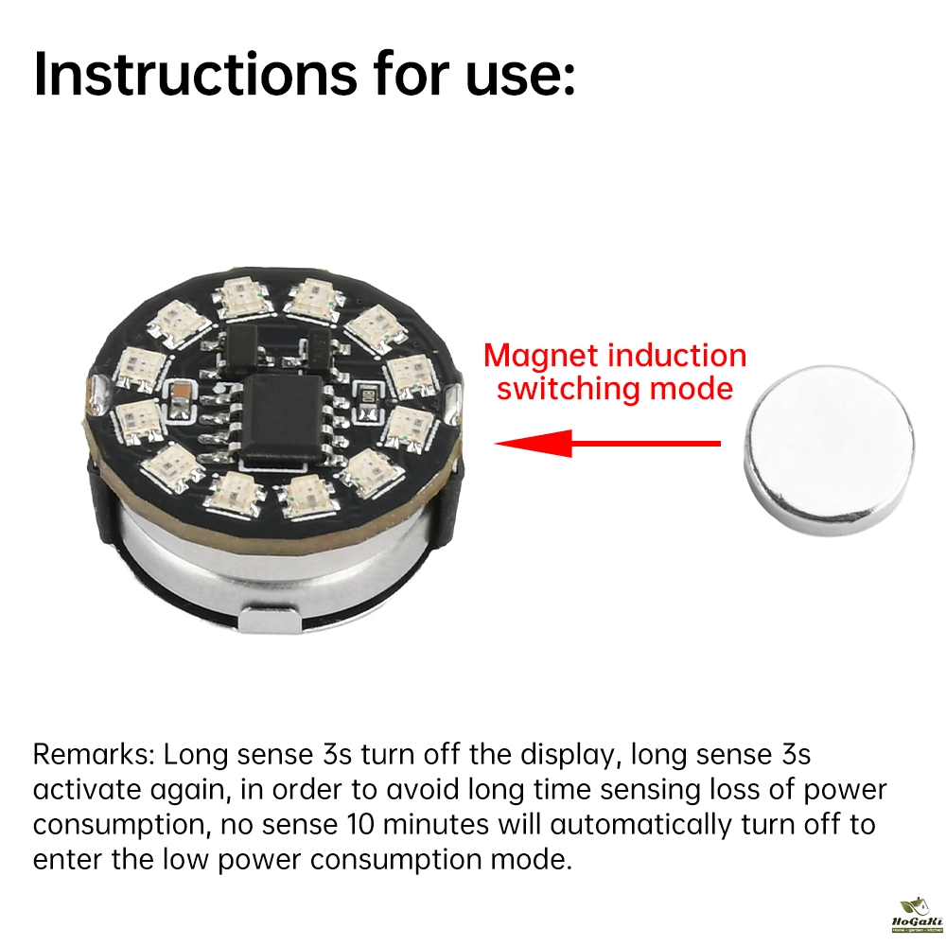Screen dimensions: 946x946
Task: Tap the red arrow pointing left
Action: [x=607, y=444]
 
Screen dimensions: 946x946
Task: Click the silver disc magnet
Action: [x=829, y=451]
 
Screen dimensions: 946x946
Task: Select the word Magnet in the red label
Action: [x=540, y=356]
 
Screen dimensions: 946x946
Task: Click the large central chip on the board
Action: [x=283, y=415]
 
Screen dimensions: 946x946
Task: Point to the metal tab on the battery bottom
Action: [x=269, y=620]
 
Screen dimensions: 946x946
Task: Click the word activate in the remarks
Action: [x=86, y=791]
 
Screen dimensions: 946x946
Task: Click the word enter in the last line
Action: [x=67, y=860]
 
